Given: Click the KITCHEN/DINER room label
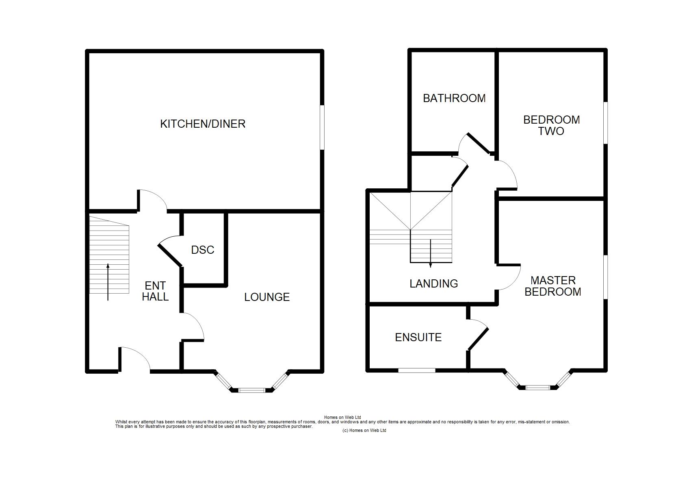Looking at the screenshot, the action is [203, 124].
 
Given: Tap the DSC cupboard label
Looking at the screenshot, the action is [203, 250].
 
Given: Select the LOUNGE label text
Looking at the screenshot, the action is [267, 297].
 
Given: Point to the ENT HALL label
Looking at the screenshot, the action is [155, 291].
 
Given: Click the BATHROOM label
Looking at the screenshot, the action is [454, 98].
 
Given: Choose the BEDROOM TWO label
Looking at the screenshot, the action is [552, 125].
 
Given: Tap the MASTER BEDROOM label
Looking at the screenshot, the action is [553, 286].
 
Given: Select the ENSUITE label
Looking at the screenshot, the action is [418, 338].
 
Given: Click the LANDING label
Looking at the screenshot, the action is [434, 283].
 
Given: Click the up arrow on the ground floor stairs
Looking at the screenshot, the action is [108, 282].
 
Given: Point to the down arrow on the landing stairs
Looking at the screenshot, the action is [430, 253].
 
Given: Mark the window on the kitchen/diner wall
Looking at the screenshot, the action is [322, 127].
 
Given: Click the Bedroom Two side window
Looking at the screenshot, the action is [605, 123].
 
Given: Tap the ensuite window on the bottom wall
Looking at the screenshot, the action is [417, 370].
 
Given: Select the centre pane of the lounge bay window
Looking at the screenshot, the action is [252, 390].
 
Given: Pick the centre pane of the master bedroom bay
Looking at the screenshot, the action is [537, 388].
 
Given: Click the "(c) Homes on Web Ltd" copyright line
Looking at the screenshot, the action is [364, 430].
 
